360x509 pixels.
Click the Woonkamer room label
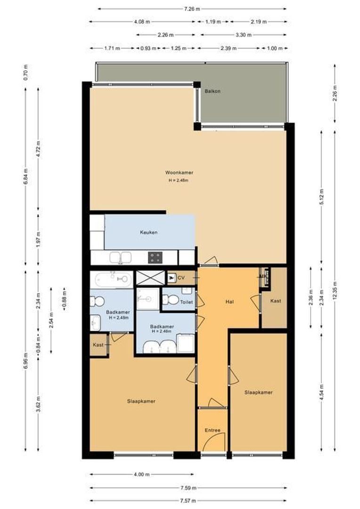point(179,172)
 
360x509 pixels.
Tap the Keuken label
point(148,232)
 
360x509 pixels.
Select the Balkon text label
point(213,91)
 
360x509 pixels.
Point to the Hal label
point(230,302)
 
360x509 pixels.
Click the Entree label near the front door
point(212,430)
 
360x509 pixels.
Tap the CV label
point(181,278)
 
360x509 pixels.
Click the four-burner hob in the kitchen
point(155,257)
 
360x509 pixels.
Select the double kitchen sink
point(121,257)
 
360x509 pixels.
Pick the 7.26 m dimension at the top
point(192,8)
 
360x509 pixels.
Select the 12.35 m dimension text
point(335,287)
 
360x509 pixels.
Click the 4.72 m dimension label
point(39,148)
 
